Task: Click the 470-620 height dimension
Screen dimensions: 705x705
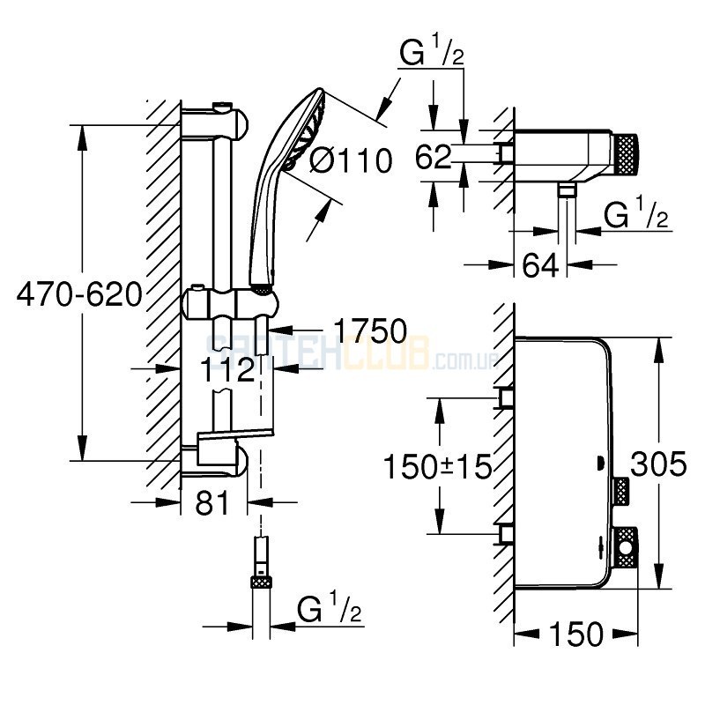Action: point(79,294)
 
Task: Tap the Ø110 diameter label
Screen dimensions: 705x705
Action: point(350,161)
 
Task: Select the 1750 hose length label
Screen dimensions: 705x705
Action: point(369,331)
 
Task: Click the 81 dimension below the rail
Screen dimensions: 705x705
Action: point(211,503)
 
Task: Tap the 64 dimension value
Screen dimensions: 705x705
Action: point(540,264)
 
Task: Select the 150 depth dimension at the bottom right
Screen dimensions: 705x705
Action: point(575,633)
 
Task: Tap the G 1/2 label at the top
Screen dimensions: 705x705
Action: point(433,55)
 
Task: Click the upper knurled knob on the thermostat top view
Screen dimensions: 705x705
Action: point(620,488)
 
